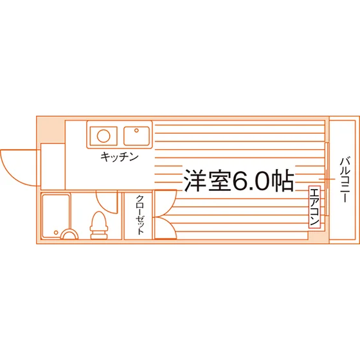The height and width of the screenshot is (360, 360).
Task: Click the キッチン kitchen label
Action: click(x=120, y=157)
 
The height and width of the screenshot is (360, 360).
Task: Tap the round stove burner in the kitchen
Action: click(x=104, y=136)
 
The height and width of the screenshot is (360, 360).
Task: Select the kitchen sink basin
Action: click(x=136, y=136)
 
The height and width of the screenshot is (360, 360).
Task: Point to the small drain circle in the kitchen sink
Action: click(x=136, y=130)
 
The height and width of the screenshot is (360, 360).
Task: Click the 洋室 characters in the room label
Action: click(x=208, y=181)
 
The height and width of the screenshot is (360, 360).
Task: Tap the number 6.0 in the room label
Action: click(x=251, y=181)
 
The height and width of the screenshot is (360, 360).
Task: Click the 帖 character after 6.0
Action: click(x=283, y=181)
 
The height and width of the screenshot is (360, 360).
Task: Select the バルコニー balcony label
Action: click(x=345, y=180)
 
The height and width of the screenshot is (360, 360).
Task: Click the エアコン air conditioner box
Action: click(x=314, y=207)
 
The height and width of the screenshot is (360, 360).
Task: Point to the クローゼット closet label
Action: click(x=140, y=215)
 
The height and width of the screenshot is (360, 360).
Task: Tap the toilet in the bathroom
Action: click(x=99, y=226)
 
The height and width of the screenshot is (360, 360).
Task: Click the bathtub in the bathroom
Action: click(x=56, y=216)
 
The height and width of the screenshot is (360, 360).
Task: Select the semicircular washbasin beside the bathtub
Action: click(x=69, y=234)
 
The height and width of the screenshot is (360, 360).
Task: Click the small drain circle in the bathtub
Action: click(x=56, y=233)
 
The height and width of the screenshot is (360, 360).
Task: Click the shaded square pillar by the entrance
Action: click(x=51, y=130)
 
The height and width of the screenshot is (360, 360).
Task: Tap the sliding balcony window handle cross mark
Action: click(x=327, y=179)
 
